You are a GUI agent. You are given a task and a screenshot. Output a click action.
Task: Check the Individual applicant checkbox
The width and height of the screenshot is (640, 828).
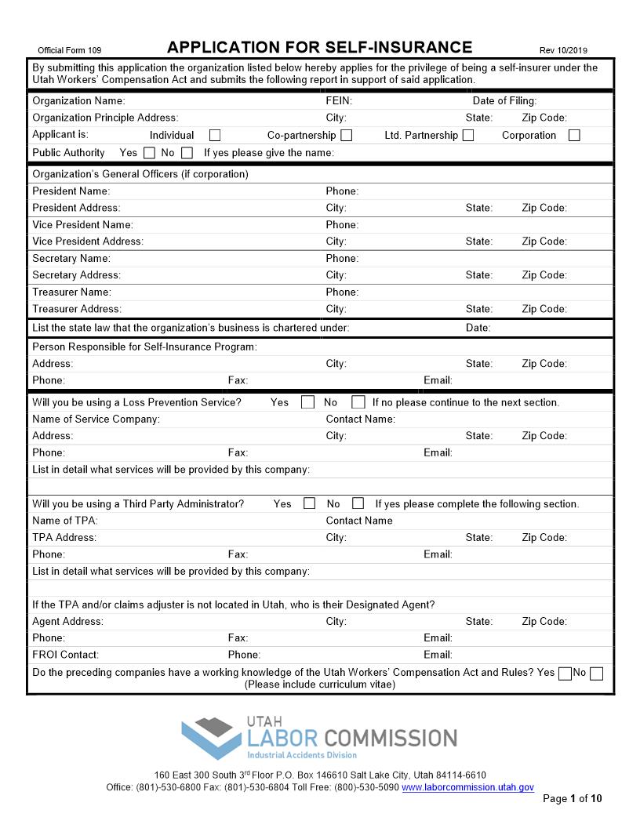215,136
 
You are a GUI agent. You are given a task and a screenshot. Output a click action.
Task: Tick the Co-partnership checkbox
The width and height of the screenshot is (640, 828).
346,136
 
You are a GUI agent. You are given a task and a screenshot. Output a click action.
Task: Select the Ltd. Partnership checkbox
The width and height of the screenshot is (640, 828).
468,136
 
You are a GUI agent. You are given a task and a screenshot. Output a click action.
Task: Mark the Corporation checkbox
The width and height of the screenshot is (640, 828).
574,136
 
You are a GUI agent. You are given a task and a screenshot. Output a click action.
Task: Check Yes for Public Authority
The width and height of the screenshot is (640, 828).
149,153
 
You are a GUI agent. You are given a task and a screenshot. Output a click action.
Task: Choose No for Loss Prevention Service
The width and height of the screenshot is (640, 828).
358,402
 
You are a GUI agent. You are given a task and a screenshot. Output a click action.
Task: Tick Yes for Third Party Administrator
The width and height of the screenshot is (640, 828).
309,503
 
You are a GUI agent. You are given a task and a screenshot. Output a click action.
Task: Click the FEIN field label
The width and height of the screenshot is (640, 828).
339,100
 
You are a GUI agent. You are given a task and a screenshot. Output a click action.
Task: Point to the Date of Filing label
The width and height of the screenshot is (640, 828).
504,100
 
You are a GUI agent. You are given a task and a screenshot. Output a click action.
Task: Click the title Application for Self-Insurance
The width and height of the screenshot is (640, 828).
320,47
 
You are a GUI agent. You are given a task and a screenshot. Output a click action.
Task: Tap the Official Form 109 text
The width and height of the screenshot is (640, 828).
70,50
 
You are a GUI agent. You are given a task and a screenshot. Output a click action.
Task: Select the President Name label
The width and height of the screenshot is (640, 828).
71,191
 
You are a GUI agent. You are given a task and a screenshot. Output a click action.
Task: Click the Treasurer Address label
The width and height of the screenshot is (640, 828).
77,309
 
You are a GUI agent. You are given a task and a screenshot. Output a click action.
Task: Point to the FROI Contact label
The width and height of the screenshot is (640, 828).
66,655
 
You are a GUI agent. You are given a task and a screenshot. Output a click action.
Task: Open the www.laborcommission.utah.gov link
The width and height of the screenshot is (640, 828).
467,787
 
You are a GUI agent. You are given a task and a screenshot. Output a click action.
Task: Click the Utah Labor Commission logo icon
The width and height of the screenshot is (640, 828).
212,738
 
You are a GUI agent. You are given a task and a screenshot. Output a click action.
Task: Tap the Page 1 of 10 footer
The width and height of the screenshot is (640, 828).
573,799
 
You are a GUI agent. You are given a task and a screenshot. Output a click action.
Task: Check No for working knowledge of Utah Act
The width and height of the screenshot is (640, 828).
596,674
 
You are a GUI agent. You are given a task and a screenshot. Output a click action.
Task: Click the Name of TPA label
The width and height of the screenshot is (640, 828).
65,521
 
